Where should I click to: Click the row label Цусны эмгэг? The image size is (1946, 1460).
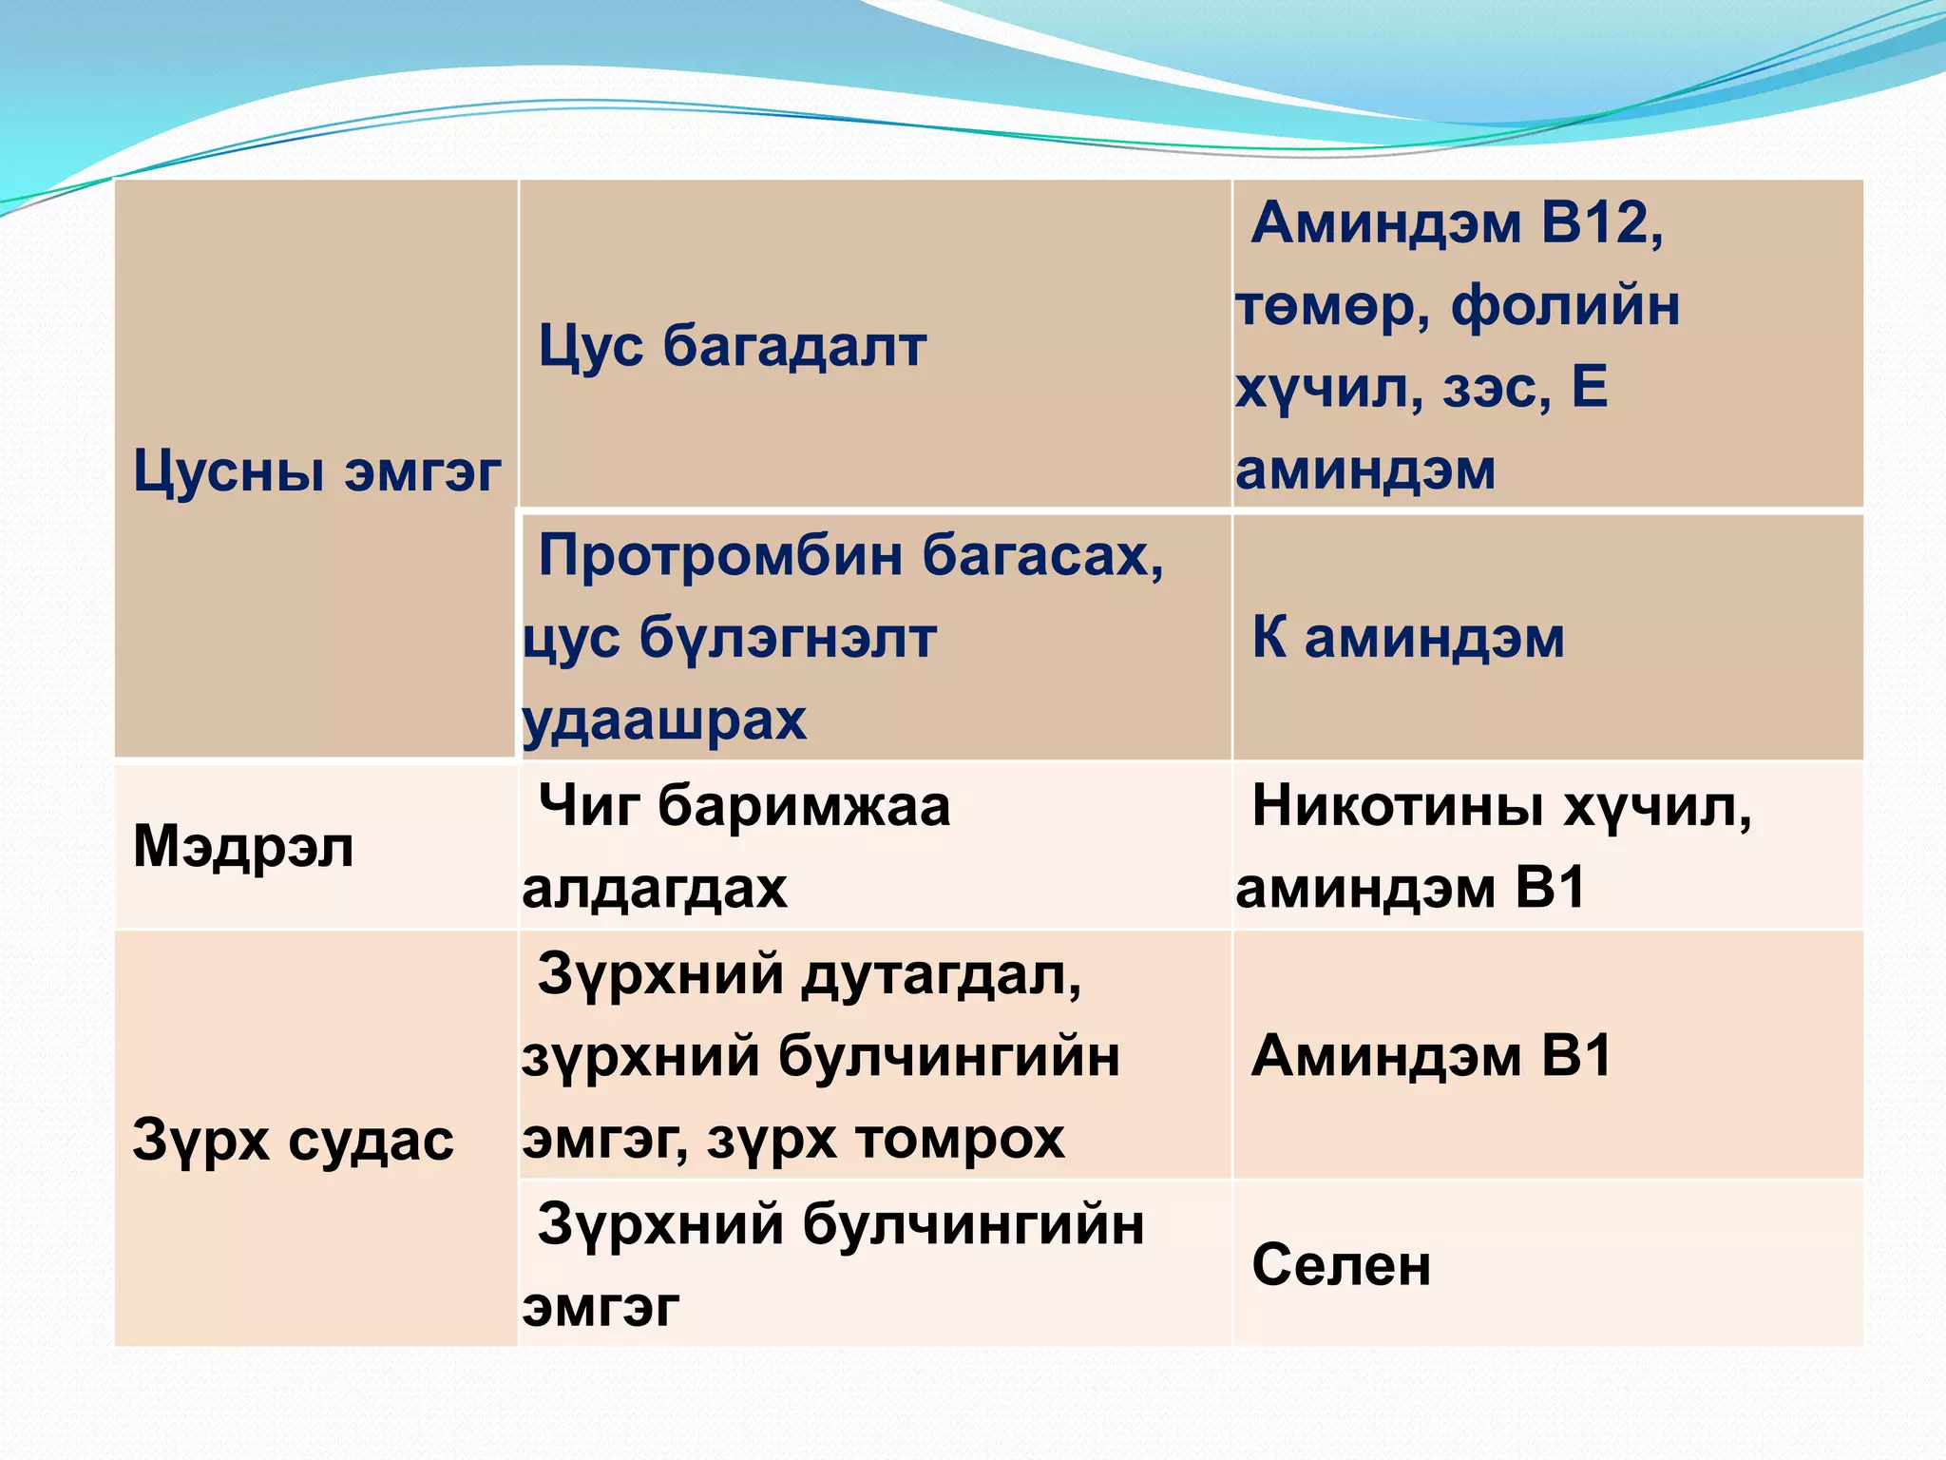pos(316,471)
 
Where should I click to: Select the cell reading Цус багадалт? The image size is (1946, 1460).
pos(732,345)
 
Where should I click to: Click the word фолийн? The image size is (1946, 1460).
pos(1565,306)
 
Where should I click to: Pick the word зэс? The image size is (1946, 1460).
pos(1497,388)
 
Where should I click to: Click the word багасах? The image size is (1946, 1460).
pos(1042,555)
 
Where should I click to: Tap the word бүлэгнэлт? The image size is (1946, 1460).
pos(788,638)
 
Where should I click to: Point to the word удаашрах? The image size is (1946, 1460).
pos(664,720)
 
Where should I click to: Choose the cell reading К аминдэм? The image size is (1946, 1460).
pos(1407,638)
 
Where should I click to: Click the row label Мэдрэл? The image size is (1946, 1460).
pos(243,846)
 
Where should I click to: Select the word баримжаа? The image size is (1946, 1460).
pos(803,806)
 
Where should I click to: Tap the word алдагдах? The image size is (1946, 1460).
pos(655,890)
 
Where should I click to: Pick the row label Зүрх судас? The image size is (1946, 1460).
pos(293,1140)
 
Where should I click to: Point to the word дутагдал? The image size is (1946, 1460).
pos(941,975)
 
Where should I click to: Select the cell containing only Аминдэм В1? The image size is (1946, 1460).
pos(1431,1056)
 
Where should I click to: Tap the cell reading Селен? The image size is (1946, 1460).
pos(1341,1265)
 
